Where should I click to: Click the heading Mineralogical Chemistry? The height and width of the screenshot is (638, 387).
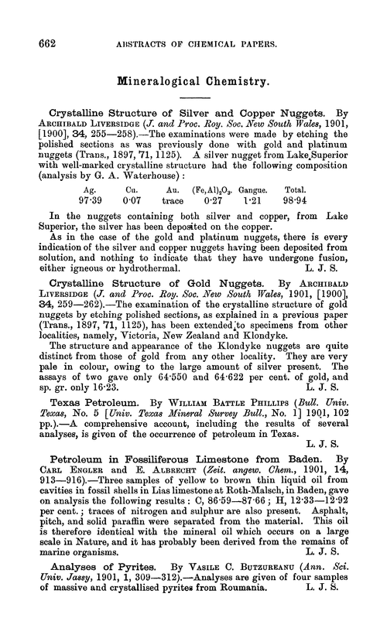click(193, 79)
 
